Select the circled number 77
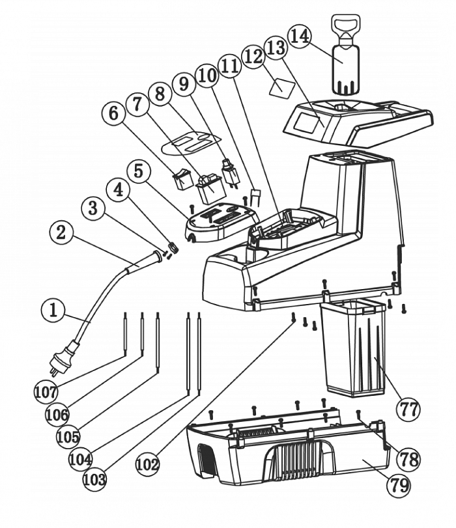point(408,409)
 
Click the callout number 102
point(148,464)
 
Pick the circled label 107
point(45,391)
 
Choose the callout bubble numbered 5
point(138,172)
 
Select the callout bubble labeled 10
point(207,75)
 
